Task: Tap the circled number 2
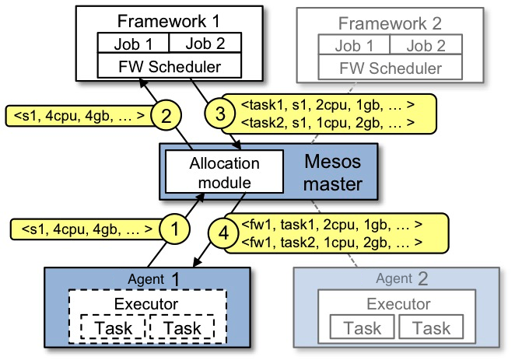click(165, 117)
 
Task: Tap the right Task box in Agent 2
click(430, 329)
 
